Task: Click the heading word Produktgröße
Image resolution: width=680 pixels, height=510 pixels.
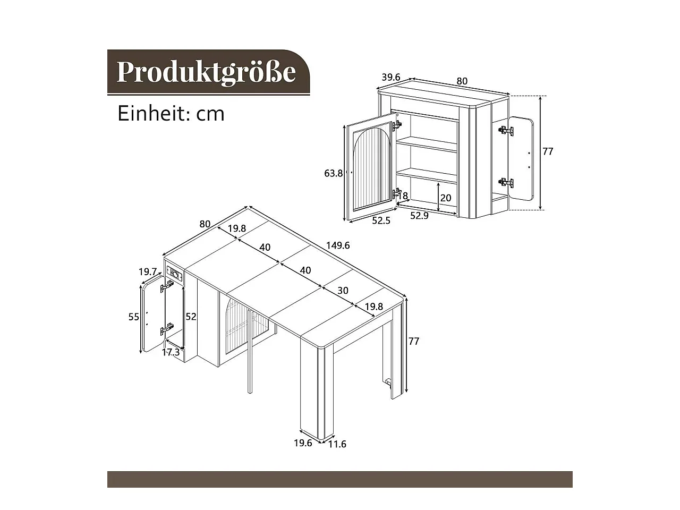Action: tap(206, 72)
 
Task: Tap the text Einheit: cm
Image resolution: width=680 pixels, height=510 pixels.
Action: tap(171, 114)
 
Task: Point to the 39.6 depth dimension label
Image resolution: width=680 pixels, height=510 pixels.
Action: tap(391, 77)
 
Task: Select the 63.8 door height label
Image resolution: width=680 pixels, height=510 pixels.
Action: tap(333, 173)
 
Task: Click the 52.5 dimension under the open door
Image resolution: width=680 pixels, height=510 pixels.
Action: tap(381, 220)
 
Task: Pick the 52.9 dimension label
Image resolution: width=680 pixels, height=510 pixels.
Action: tap(420, 216)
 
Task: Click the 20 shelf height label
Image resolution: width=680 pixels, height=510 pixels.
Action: tap(446, 198)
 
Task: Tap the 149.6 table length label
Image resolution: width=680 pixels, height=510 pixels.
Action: tap(338, 245)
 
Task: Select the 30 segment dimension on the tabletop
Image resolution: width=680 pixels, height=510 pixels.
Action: tap(343, 291)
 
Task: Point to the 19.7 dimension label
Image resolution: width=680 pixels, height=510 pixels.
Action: tap(148, 272)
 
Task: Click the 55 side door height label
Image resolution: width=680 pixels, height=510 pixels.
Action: tap(134, 317)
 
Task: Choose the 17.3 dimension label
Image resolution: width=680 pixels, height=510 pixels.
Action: tap(171, 352)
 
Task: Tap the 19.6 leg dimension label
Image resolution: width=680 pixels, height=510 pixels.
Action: tap(303, 443)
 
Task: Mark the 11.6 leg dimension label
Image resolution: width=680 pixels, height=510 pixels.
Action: tap(337, 444)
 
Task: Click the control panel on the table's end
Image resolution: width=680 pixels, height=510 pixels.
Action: tap(175, 274)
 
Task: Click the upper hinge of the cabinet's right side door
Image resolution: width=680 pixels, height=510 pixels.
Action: tap(506, 131)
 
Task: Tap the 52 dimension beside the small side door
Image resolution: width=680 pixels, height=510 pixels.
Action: tap(191, 317)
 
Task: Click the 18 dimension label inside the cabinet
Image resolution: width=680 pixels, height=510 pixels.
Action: tap(402, 195)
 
